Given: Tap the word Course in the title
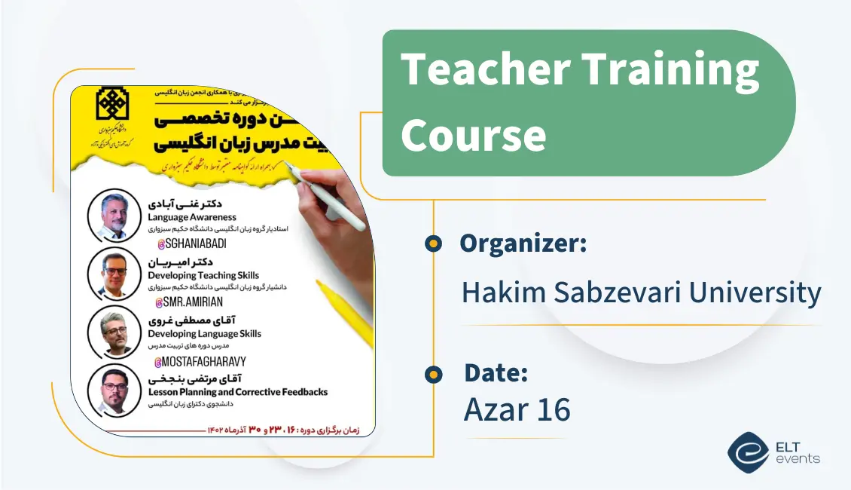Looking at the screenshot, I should coord(474,135).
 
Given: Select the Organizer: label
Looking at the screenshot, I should coord(523,243).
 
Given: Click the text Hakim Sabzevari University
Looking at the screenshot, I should coord(641,292).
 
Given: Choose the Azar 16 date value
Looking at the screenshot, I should coord(517,409).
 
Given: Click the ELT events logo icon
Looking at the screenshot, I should coord(748,451).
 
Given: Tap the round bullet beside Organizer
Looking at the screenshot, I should coord(433,243).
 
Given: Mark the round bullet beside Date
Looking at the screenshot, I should coord(433,373).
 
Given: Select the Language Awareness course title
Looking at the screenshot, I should coord(192,217).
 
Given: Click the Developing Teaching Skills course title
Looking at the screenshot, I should coord(203,275).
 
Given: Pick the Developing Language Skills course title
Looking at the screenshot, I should coord(204,333).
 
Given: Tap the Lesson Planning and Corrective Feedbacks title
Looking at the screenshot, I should coord(237,392).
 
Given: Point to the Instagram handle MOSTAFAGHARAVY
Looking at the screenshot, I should coord(200,361).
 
